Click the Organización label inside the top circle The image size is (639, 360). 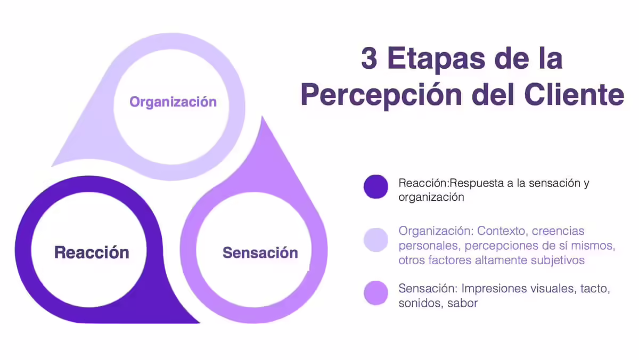(x=173, y=102)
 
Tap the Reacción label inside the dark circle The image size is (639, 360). (x=92, y=252)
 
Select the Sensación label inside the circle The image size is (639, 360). (x=260, y=253)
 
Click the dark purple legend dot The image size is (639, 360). (x=376, y=186)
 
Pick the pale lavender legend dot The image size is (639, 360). (x=376, y=240)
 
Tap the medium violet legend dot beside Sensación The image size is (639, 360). (x=376, y=293)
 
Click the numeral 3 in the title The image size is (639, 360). (x=369, y=59)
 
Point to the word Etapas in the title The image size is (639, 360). (x=436, y=60)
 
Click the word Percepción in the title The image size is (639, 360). (x=381, y=95)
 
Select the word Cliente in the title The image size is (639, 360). (x=574, y=94)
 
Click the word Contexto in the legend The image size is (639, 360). (x=501, y=231)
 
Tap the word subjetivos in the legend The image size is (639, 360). (x=558, y=260)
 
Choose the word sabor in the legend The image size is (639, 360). (x=462, y=303)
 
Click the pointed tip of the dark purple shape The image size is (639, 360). (x=200, y=323)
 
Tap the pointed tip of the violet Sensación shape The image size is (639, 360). (x=263, y=117)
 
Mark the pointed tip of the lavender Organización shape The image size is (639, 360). (x=52, y=166)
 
